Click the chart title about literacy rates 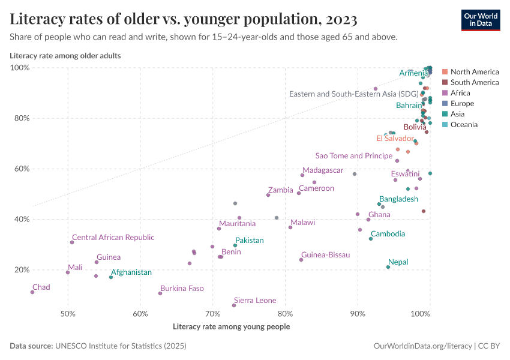click(x=184, y=20)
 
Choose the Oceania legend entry click(x=463, y=125)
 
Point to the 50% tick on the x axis click(x=68, y=314)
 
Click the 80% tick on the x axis click(x=286, y=314)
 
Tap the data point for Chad click(x=32, y=292)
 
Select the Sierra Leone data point click(x=234, y=305)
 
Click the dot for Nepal click(x=388, y=267)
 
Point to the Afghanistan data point click(x=111, y=277)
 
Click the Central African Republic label click(x=113, y=238)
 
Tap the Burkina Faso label click(x=182, y=289)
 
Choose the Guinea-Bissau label click(x=325, y=255)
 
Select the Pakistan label click(x=249, y=241)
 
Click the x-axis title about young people click(x=231, y=327)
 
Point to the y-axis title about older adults click(x=65, y=56)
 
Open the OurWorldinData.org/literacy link click(x=422, y=346)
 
